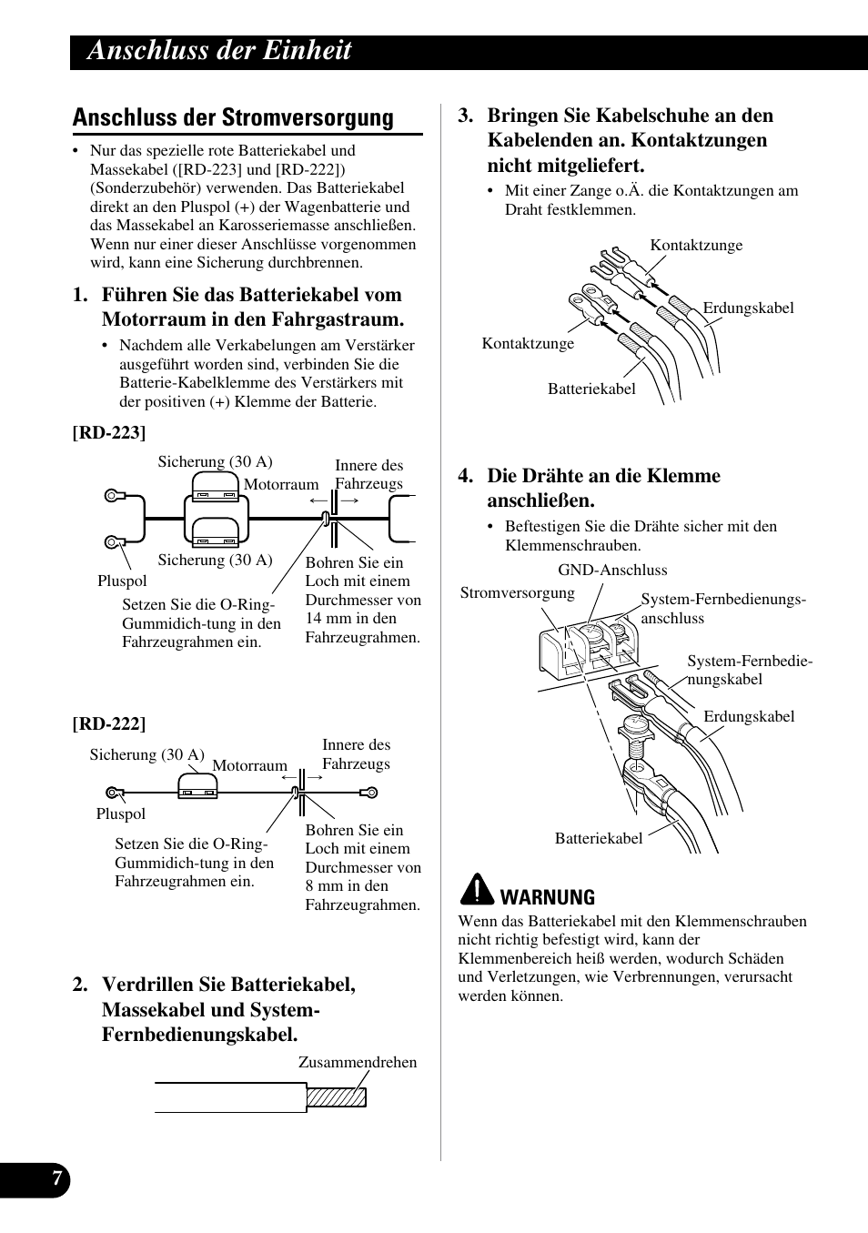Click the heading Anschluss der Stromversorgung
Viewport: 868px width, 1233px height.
233,117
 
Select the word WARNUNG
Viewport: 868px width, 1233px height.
548,897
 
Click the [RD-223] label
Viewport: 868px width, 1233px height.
109,431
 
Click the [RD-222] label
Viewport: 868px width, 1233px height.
109,723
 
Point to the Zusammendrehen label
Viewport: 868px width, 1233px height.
358,1062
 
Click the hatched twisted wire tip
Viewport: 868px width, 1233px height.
336,1097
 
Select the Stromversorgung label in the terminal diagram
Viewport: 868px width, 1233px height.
517,592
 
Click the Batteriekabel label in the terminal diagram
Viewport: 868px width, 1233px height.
599,838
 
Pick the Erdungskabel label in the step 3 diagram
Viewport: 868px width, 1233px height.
748,308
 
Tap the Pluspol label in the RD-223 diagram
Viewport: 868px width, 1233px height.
122,581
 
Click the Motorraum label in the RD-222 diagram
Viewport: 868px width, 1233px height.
249,765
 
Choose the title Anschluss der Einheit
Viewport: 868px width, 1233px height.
219,50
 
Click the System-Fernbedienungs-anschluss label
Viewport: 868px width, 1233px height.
722,609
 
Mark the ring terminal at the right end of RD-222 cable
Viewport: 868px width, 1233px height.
368,793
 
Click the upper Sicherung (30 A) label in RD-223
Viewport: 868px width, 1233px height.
215,461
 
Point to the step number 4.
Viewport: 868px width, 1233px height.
466,476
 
